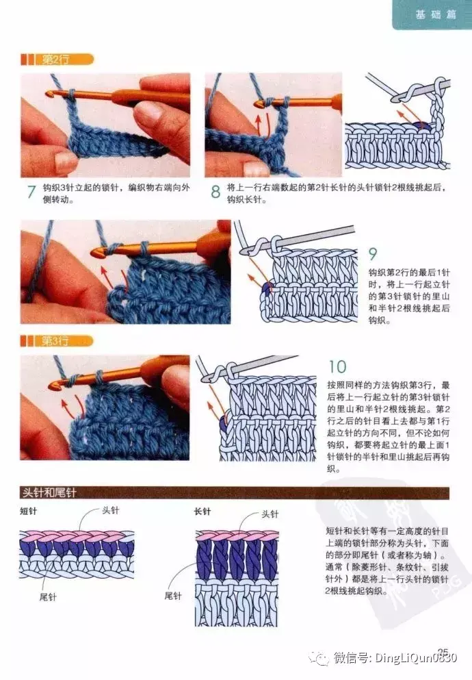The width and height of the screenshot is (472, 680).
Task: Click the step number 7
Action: pos(31,192)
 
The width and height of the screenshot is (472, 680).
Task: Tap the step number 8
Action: pos(215,192)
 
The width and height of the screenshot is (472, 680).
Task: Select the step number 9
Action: pos(372,253)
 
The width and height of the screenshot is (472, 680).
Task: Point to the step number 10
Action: pos(337,367)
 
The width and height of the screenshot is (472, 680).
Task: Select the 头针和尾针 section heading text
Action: pos(49,492)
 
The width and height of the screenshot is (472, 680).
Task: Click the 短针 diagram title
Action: pos(29,512)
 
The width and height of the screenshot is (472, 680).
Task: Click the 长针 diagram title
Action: pos(202,512)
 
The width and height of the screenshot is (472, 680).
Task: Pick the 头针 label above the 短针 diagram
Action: pos(110,510)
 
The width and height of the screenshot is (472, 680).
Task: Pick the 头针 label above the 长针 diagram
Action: pos(270,514)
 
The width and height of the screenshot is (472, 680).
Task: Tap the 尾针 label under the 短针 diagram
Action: pos(48,596)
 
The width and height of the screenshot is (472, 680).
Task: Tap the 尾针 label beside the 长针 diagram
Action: pos(173,596)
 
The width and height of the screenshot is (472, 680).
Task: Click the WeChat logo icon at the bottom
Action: pos(322,658)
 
